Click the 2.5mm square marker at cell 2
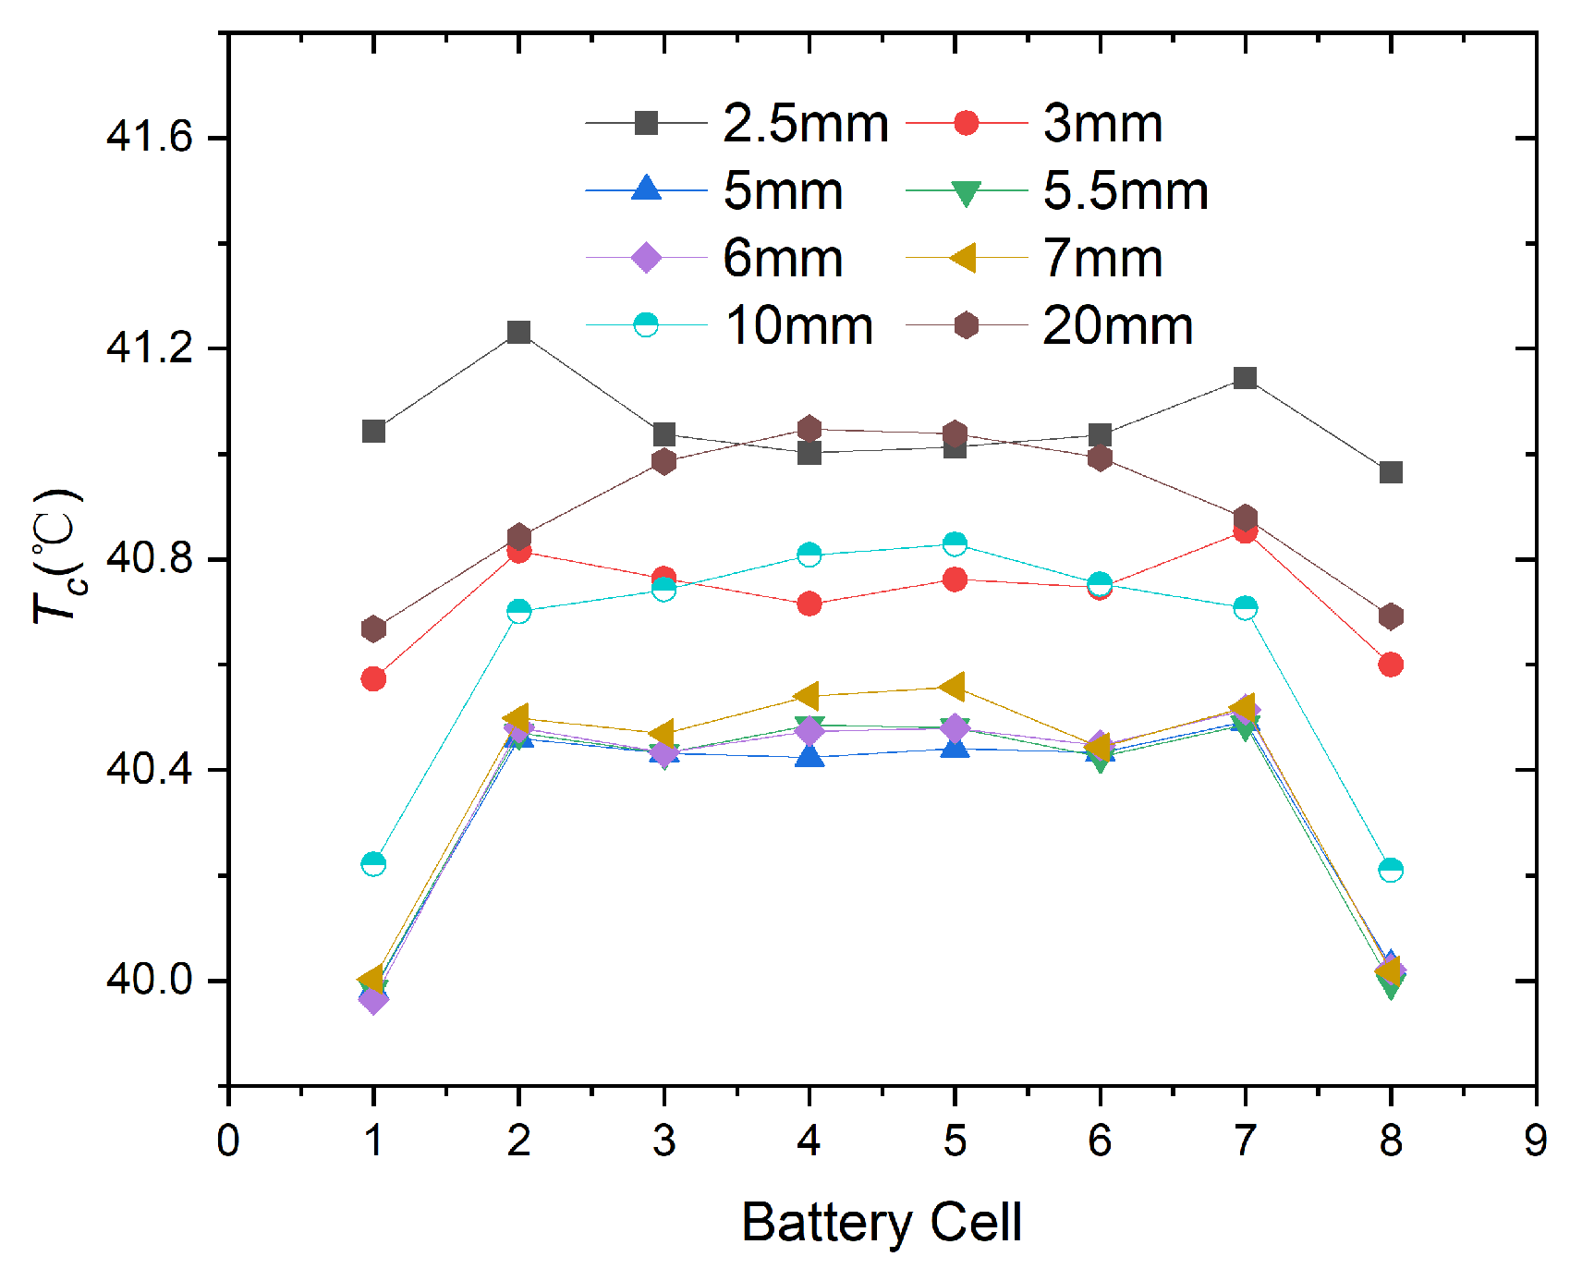[x=518, y=332]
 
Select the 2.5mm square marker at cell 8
[x=1391, y=472]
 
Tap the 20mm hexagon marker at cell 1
[x=373, y=629]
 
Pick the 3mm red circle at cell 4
[x=809, y=604]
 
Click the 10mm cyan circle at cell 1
[x=373, y=864]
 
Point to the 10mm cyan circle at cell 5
[x=955, y=543]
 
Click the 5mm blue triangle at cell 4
[x=809, y=757]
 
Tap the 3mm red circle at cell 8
[x=1391, y=665]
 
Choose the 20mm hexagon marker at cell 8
[x=1391, y=616]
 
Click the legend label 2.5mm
[x=805, y=124]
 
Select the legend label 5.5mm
[x=1126, y=191]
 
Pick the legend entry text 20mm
[x=1117, y=326]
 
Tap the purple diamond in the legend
[x=646, y=258]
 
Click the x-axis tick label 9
[x=1536, y=1141]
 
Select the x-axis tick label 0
[x=228, y=1141]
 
